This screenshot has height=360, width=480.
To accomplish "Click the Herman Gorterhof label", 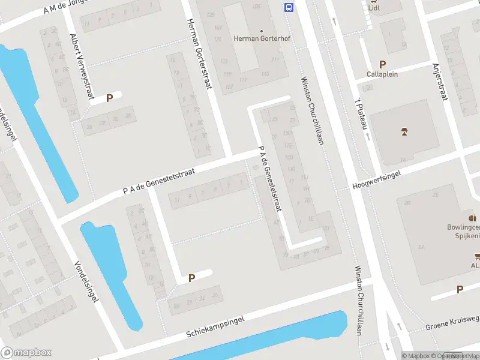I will pos(261,39).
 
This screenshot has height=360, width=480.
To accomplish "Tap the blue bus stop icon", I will pos(289,7).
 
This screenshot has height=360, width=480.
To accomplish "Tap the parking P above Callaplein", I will pos(382,64).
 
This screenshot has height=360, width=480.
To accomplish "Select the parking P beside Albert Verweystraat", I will pos(109,98).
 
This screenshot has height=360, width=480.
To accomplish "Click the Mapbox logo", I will pos(26,353).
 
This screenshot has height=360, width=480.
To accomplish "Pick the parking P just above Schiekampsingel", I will pos(191,278).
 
